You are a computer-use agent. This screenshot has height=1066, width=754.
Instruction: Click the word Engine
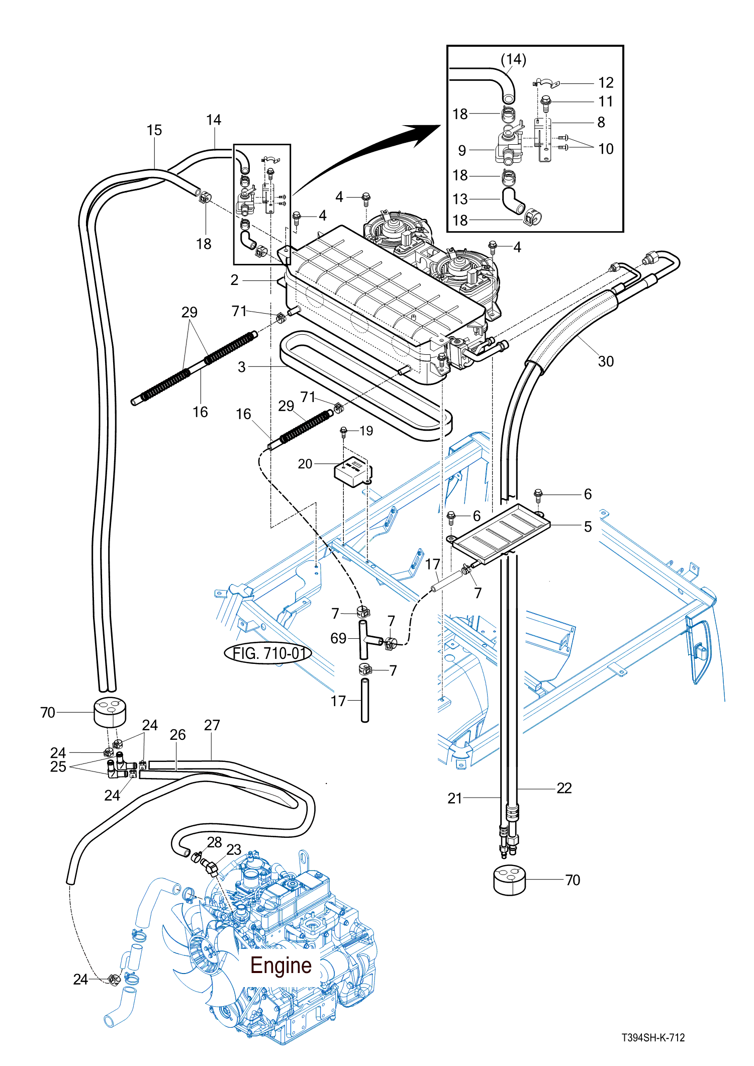(280, 965)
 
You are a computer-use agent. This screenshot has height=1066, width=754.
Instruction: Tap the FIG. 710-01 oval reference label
(268, 653)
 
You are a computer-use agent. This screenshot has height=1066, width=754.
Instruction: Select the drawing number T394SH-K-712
(653, 1037)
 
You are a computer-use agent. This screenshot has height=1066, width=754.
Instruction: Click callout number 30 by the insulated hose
(606, 361)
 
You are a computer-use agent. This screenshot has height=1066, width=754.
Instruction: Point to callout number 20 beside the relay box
(305, 463)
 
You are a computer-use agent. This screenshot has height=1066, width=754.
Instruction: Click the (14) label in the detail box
(513, 59)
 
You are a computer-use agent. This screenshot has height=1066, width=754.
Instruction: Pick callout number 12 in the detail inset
(606, 82)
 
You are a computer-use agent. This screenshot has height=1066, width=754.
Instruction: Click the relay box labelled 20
(353, 471)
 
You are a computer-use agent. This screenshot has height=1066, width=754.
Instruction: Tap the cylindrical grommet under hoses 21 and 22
(509, 880)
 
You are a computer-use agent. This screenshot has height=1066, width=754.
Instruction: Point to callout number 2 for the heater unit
(234, 280)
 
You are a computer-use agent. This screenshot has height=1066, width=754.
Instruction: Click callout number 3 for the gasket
(242, 367)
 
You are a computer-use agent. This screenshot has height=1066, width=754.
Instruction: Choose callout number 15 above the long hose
(154, 130)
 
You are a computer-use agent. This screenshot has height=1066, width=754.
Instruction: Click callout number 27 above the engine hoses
(212, 725)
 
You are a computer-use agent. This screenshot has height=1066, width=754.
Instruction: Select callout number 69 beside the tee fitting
(338, 638)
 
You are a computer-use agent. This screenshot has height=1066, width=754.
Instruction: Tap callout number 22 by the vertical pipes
(564, 788)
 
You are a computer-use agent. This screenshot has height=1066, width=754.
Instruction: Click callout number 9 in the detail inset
(462, 150)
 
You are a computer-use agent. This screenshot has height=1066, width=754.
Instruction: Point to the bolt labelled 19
(344, 432)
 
